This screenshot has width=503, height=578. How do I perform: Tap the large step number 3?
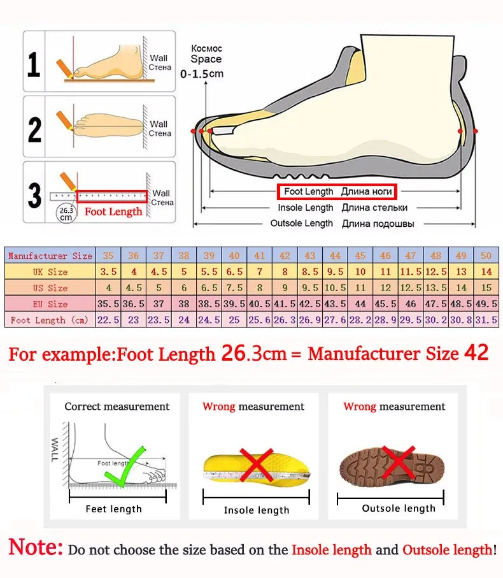[34, 195]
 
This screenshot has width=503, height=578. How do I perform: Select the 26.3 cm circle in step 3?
[66, 213]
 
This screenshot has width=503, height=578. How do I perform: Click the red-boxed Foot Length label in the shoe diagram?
[336, 191]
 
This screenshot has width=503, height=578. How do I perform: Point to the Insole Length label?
[305, 208]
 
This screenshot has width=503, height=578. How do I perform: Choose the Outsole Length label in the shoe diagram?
[301, 223]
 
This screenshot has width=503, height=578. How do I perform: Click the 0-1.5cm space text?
[202, 74]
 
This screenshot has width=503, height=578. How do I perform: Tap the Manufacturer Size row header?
[50, 256]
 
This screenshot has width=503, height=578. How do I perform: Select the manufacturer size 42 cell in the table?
[285, 256]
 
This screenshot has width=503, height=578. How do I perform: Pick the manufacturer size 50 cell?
[486, 256]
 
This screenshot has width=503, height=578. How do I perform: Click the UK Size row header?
[50, 272]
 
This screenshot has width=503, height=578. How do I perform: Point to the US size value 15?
[486, 288]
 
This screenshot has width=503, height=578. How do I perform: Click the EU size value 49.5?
[486, 304]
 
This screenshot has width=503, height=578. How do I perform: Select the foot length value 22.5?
[108, 320]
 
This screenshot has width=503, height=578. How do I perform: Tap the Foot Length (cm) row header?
[50, 320]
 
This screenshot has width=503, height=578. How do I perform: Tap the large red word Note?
[36, 547]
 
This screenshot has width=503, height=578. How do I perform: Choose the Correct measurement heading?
[117, 407]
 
